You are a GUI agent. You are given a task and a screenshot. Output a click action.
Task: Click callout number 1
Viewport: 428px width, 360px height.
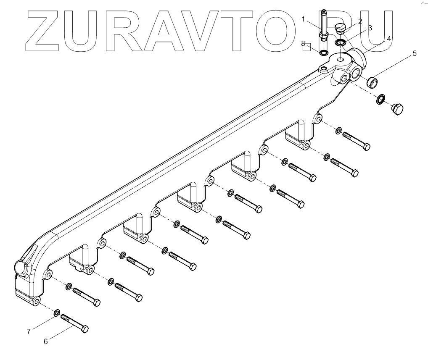(x=304, y=18)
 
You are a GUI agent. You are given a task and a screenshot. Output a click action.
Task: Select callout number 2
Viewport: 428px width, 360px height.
(x=360, y=21)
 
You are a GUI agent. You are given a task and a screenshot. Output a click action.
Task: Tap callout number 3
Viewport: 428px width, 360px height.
(x=370, y=28)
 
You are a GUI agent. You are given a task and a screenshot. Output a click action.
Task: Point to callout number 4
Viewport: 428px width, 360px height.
(x=389, y=39)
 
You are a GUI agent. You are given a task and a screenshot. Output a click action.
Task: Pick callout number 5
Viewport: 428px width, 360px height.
(x=414, y=53)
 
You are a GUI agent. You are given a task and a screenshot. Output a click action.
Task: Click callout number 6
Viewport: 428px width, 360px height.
(x=46, y=341)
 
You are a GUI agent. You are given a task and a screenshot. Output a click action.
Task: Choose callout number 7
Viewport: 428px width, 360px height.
(x=29, y=331)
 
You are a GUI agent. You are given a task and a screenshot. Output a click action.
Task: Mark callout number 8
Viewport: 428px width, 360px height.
(x=303, y=43)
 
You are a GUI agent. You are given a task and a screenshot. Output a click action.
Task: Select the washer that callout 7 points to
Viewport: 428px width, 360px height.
(x=56, y=313)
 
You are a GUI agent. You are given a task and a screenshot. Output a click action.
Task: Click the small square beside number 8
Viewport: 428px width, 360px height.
(x=308, y=46)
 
